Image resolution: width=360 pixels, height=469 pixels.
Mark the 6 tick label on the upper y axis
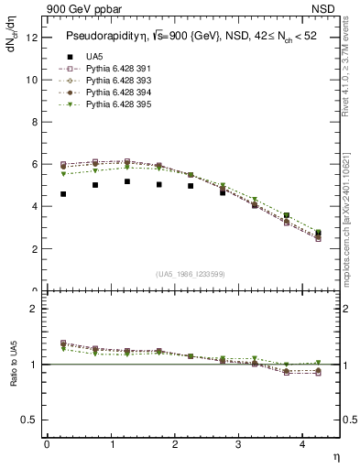33,165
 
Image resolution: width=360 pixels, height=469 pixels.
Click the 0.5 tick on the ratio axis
28,420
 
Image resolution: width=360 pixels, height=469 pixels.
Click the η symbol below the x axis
335,455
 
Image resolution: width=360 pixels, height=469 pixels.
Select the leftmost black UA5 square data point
62,194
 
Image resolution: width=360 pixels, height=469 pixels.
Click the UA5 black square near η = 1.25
126,181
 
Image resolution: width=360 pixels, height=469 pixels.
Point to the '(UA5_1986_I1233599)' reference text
192,274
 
